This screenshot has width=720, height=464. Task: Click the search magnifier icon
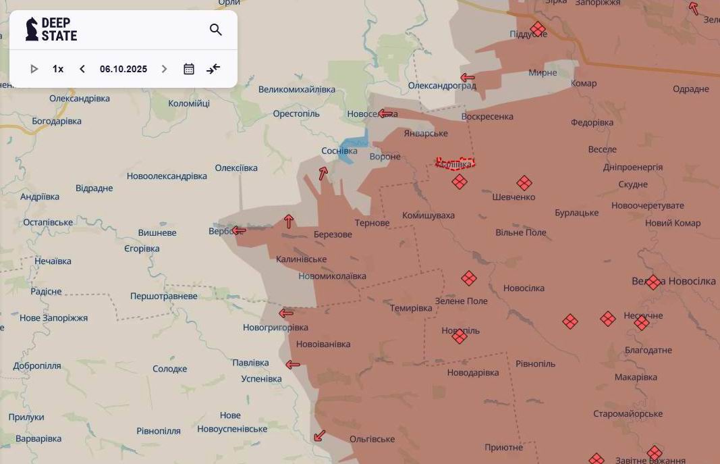[216, 30]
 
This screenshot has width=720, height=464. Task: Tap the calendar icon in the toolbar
[189, 69]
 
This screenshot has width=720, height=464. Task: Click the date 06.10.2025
[123, 69]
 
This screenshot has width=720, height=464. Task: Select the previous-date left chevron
[82, 69]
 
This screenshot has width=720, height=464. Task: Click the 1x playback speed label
[58, 69]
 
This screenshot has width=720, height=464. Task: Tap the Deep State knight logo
[31, 29]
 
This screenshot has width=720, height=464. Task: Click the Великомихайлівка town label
[297, 89]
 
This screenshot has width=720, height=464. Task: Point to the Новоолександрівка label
[167, 176]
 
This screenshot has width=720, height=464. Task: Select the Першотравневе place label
[164, 296]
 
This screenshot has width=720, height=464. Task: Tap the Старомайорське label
[628, 413]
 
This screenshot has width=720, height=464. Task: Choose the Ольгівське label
[372, 439]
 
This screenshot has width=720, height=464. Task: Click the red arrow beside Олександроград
[467, 78]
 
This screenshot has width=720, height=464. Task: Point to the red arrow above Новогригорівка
[286, 313]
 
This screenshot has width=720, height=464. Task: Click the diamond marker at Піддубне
[538, 29]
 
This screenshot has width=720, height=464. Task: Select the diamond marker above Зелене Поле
[469, 278]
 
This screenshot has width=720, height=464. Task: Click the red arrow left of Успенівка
[292, 365]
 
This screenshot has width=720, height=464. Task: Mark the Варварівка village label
[38, 438]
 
